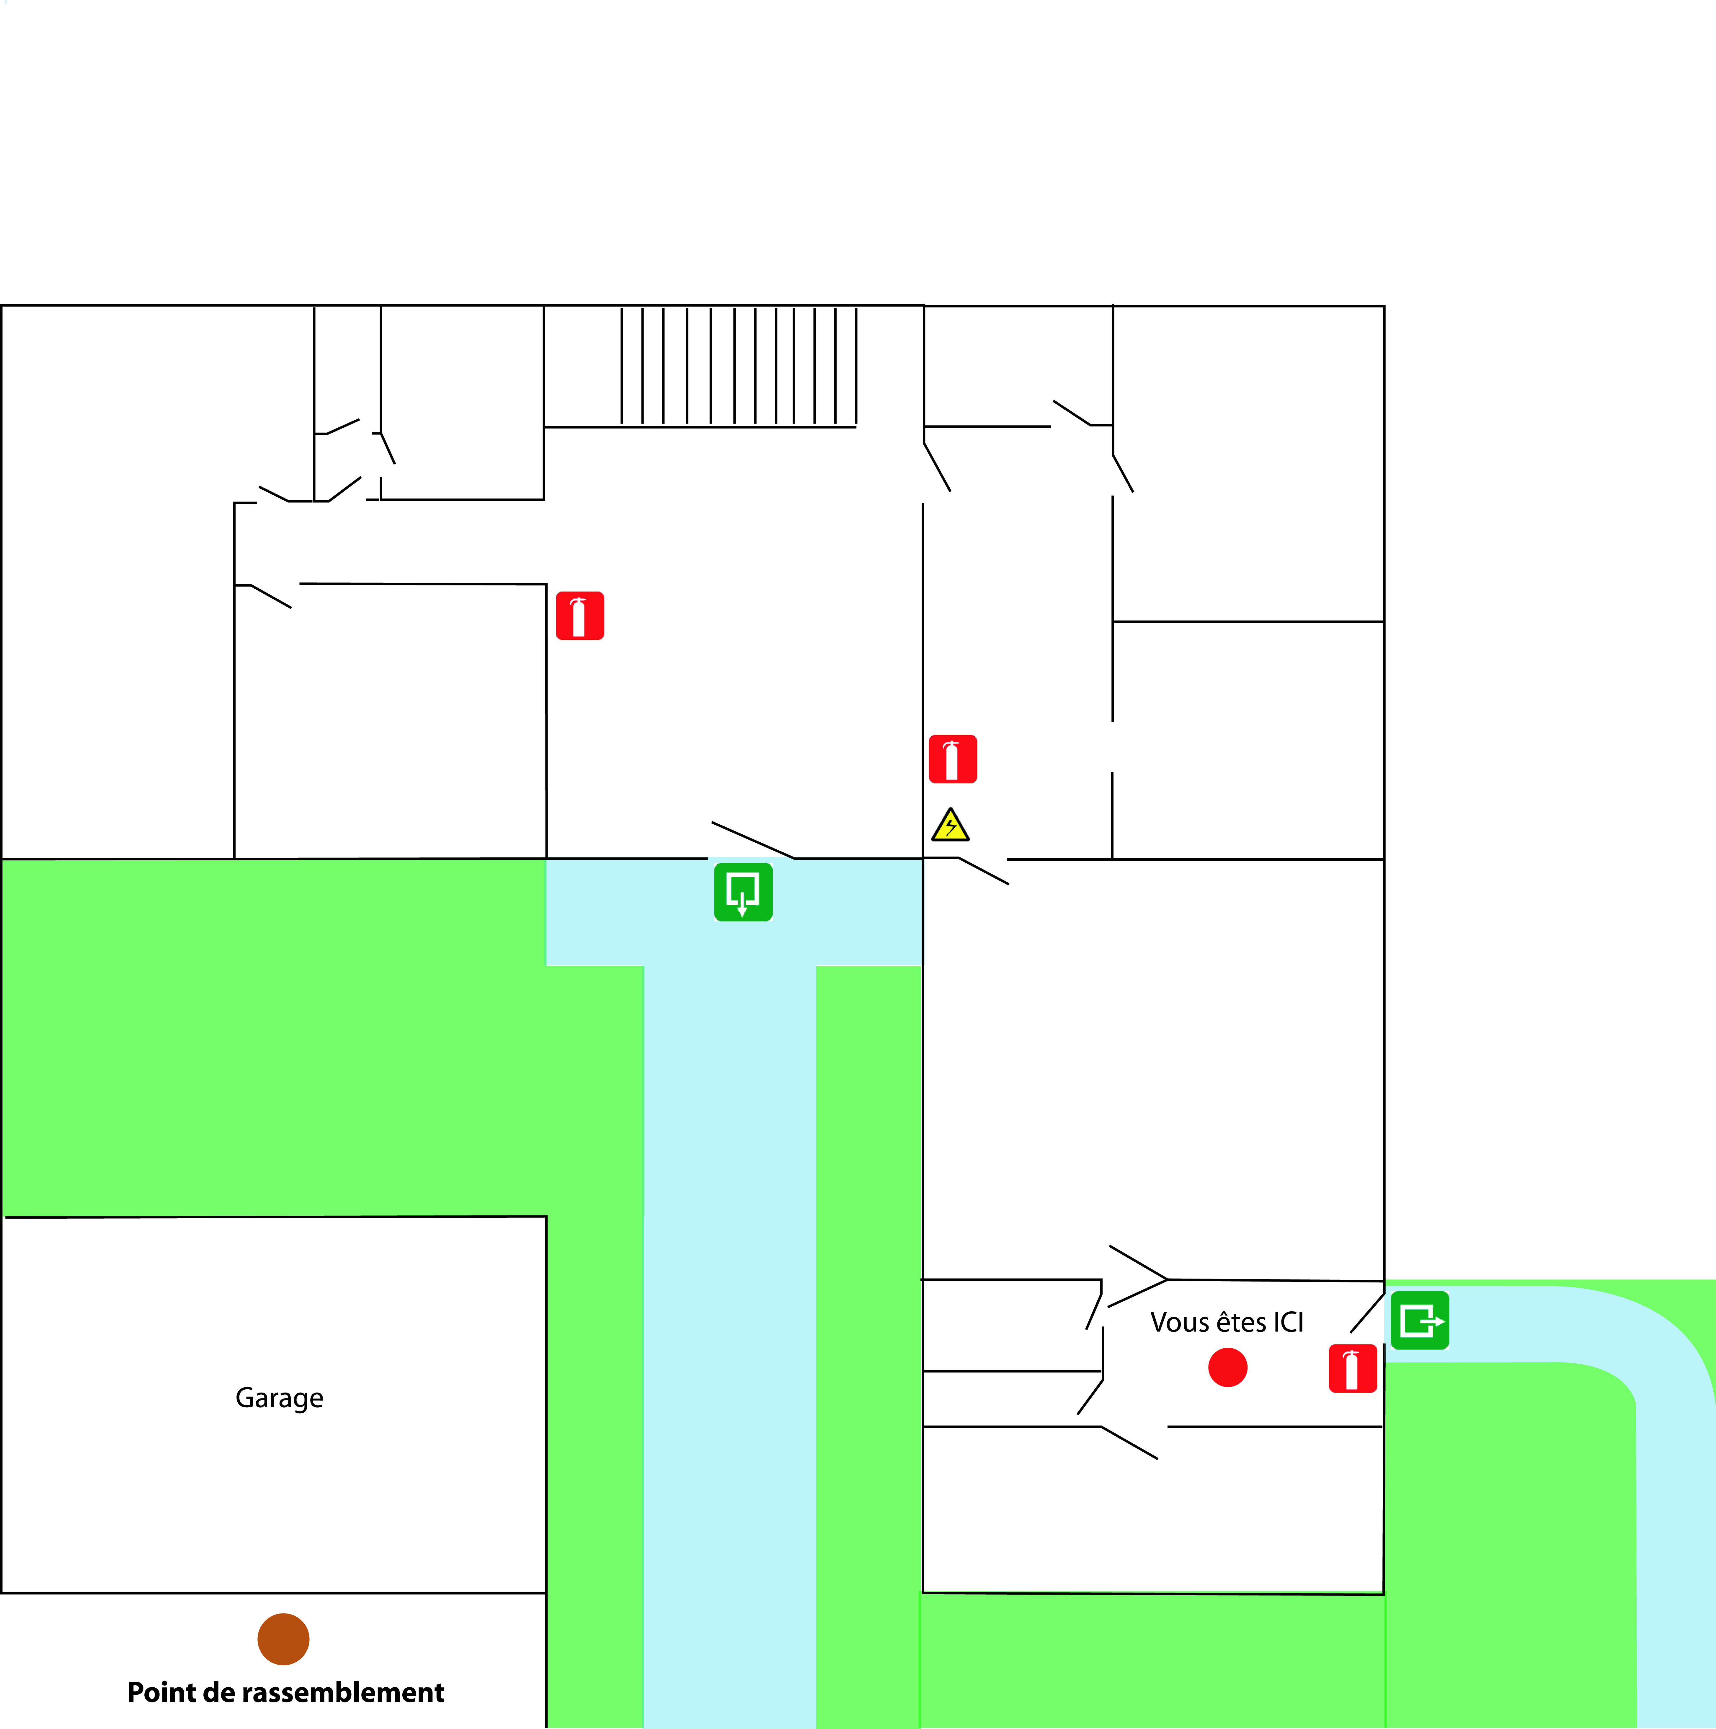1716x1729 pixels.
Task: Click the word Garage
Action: [279, 1398]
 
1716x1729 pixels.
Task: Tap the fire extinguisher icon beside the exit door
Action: [1352, 1368]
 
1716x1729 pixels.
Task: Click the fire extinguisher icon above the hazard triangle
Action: [953, 759]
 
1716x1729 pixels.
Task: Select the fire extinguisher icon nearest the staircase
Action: [580, 616]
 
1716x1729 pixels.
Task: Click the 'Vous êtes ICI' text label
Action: [1227, 1323]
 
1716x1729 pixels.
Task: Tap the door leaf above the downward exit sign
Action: [752, 840]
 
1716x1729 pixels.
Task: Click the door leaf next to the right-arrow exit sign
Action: [1367, 1313]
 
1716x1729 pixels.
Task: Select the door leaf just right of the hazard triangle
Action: [983, 871]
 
